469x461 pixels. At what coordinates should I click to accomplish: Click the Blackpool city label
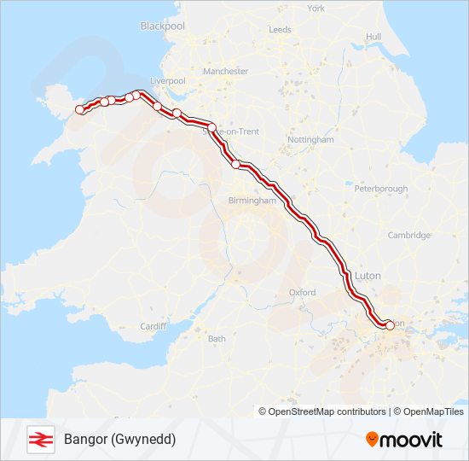[x=162, y=26]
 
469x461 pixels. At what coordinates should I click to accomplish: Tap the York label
[x=316, y=9]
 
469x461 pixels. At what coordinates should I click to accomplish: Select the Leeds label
[x=280, y=29]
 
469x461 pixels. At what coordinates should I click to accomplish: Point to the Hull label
[x=373, y=37]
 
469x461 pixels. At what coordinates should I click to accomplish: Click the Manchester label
[x=226, y=72]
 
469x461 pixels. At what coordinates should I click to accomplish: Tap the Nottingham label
[x=310, y=139]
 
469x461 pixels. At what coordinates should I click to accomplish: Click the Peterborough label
[x=381, y=188]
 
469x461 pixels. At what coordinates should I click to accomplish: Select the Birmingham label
[x=252, y=201]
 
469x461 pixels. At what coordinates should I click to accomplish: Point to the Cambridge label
[x=408, y=236]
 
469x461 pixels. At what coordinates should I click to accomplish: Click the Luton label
[x=368, y=276]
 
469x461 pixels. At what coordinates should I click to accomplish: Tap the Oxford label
[x=302, y=293]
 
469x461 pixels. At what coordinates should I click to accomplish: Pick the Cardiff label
[x=153, y=327]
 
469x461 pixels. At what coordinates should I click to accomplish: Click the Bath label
[x=217, y=339]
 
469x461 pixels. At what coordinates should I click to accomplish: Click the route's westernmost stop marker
[x=80, y=109]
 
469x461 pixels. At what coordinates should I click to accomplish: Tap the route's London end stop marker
[x=390, y=324]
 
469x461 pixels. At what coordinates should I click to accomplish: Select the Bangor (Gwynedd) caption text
[x=119, y=439]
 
